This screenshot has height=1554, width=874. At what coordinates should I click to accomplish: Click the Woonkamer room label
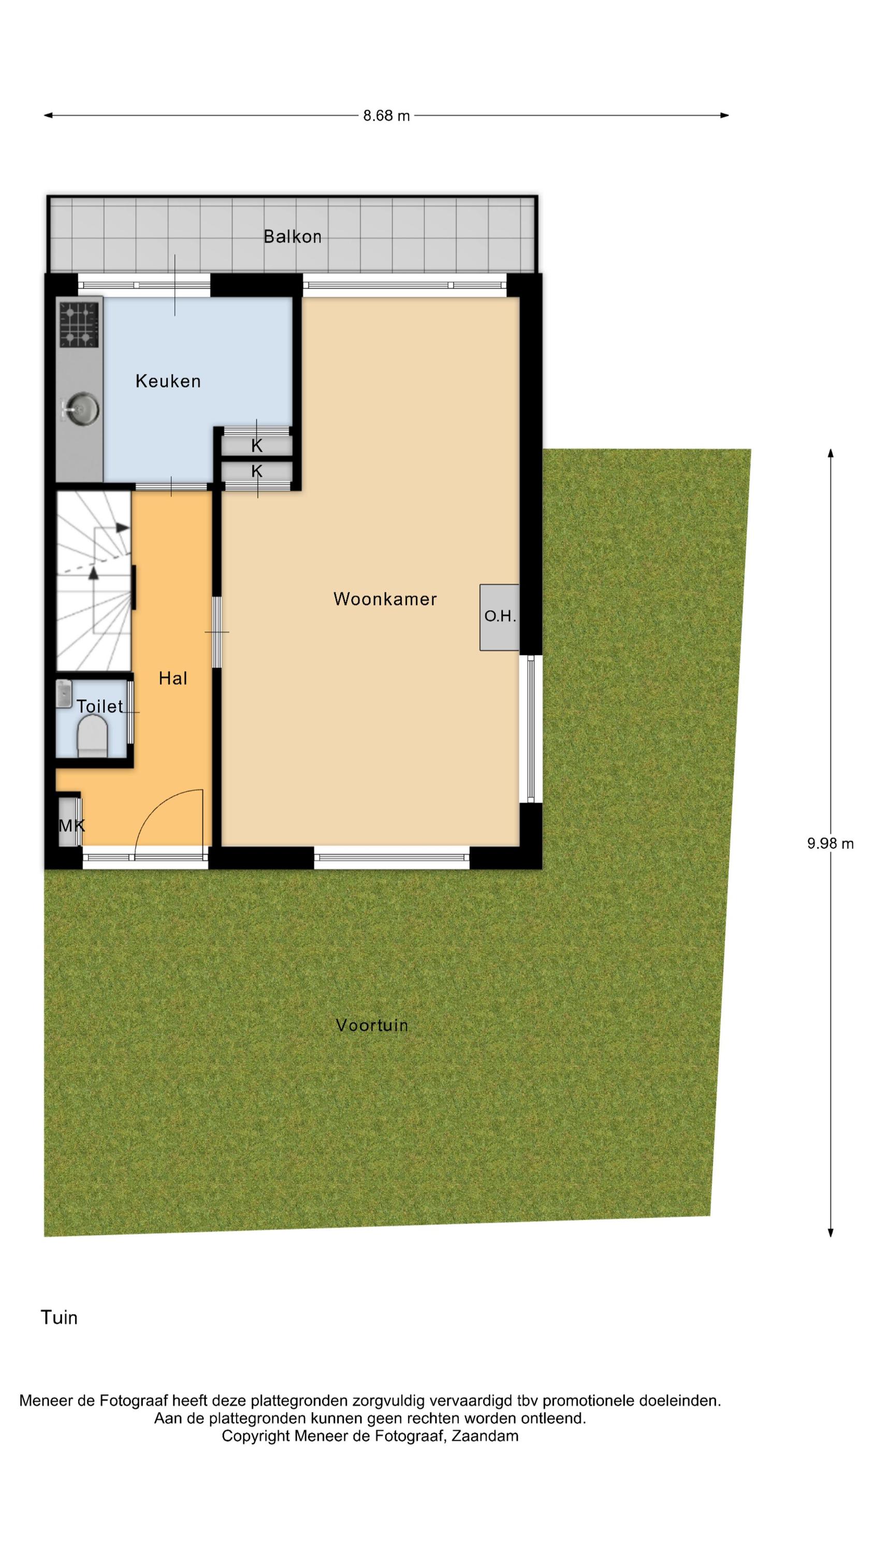point(385,599)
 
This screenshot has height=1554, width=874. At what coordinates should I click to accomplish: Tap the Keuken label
point(168,381)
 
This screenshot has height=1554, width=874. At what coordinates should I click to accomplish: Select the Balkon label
point(293,237)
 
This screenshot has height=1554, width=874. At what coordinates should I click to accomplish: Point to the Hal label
point(173,679)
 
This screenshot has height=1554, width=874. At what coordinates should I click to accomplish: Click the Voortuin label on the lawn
point(372,1025)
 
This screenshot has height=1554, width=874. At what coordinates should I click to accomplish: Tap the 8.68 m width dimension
point(386,115)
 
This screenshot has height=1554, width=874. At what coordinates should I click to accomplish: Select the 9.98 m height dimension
point(831,843)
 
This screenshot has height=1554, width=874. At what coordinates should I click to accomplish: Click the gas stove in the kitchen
point(78,325)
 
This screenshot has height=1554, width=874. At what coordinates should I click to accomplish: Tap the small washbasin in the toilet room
point(64,694)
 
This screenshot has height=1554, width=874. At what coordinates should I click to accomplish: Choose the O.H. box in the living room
point(500,617)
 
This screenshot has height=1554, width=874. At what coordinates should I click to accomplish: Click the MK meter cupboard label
point(71,826)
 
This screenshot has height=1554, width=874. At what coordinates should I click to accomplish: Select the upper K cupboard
point(257,446)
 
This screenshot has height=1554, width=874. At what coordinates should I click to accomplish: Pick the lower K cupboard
point(257,471)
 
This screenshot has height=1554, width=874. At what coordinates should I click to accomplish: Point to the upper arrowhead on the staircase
point(122,527)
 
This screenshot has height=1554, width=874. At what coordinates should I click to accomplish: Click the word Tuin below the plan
point(59,1317)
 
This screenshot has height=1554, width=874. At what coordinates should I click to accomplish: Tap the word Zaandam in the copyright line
point(485,1436)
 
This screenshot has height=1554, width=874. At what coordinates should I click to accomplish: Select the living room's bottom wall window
point(391,857)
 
